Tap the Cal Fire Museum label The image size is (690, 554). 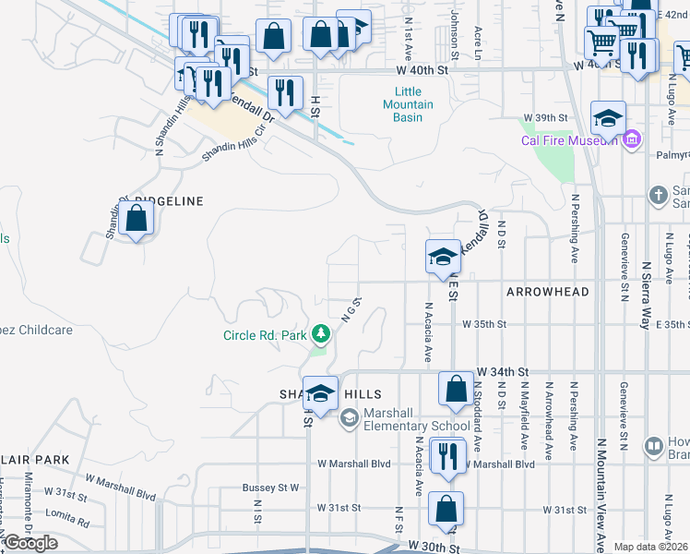[x=570, y=141]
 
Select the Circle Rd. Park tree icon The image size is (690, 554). [x=320, y=333]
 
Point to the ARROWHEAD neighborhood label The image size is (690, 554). [x=547, y=292]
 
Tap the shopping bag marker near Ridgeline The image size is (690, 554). [x=137, y=220]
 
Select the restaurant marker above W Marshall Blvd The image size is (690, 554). [x=448, y=457]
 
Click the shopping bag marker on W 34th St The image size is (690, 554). [x=456, y=389]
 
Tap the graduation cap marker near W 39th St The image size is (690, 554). [x=608, y=119]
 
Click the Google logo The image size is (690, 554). [x=30, y=543]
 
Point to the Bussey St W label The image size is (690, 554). [x=271, y=487]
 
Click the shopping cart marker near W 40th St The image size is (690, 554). [x=601, y=41]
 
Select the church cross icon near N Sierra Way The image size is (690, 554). [x=658, y=196]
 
